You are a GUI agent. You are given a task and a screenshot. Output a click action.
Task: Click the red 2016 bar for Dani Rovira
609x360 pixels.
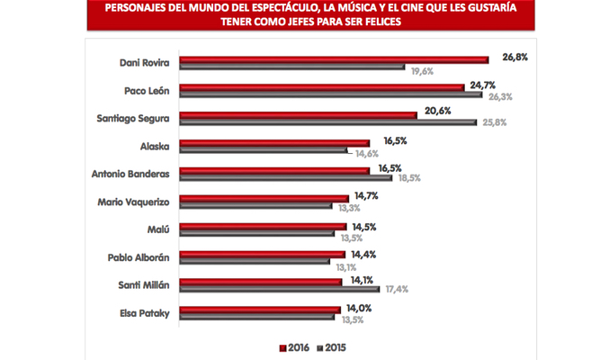point(333,59)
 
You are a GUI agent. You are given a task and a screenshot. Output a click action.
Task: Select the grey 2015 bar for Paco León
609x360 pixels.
point(331,94)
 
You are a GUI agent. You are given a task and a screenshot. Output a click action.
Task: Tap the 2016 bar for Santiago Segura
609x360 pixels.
point(298,115)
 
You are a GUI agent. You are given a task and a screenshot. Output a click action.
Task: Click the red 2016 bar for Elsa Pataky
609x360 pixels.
point(260,310)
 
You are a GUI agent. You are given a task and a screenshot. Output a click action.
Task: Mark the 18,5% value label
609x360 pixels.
point(399,178)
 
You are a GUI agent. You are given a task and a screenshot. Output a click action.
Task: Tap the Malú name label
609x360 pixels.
point(162,229)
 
